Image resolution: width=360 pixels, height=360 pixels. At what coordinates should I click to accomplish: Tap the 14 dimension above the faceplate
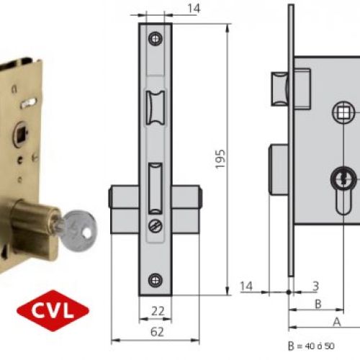click(x=192, y=8)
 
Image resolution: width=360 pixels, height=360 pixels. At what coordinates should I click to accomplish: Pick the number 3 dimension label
click(x=316, y=287)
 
